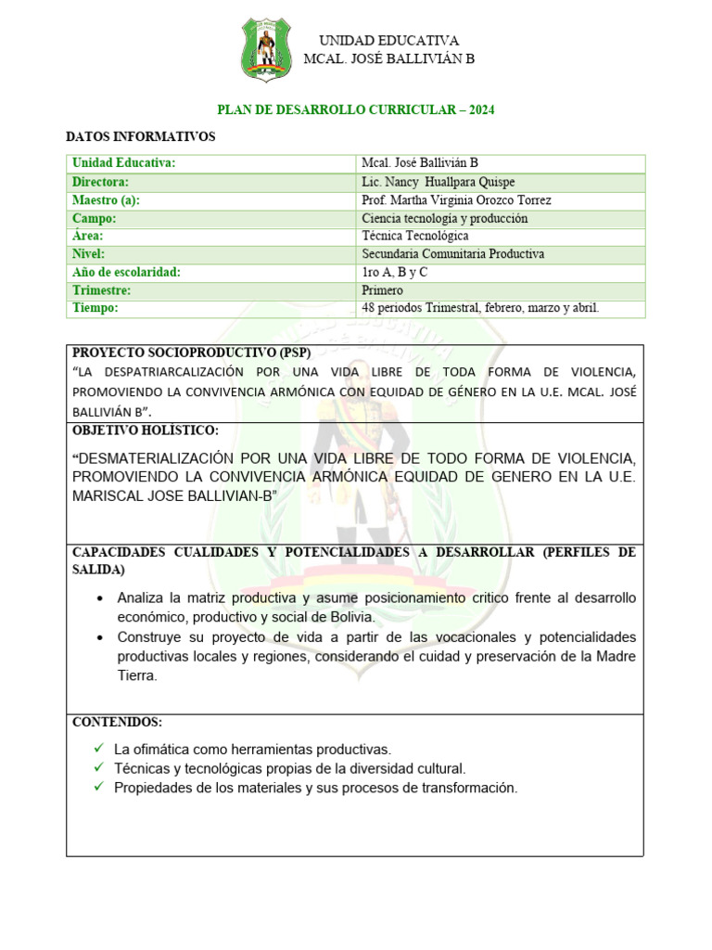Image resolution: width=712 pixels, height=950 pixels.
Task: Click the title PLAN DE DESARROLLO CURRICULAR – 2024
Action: pyautogui.click(x=356, y=109)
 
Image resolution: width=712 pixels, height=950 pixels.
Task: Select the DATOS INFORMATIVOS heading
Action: pyautogui.click(x=141, y=137)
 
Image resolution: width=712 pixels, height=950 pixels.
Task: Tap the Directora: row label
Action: pyautogui.click(x=101, y=182)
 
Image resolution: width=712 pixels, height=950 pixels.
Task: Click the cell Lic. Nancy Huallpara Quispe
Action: pyautogui.click(x=438, y=182)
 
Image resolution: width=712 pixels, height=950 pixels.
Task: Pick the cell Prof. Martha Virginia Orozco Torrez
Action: pyautogui.click(x=456, y=200)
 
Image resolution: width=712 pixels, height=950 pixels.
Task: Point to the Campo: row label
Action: pyautogui.click(x=95, y=218)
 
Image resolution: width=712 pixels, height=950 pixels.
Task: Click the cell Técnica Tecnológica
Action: pyautogui.click(x=414, y=236)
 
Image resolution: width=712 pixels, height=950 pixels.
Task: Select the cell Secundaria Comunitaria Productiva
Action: pyautogui.click(x=452, y=253)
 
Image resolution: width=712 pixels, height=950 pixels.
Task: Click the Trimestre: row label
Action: pyautogui.click(x=102, y=289)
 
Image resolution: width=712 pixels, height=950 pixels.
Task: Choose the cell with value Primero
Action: pyautogui.click(x=383, y=289)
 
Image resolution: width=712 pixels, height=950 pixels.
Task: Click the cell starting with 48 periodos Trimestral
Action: pyautogui.click(x=480, y=307)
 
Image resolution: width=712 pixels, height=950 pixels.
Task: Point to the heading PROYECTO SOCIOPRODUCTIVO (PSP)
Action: pyautogui.click(x=191, y=353)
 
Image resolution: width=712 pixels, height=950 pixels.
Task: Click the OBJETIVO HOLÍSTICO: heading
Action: pyautogui.click(x=146, y=430)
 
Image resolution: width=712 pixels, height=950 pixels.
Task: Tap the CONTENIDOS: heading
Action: pyautogui.click(x=117, y=722)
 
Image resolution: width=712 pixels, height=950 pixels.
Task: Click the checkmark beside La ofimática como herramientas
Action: pyautogui.click(x=98, y=749)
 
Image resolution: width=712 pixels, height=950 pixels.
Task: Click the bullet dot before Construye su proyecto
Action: pyautogui.click(x=100, y=637)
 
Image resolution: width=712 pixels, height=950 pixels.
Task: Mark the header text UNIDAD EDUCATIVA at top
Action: pyautogui.click(x=389, y=40)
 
